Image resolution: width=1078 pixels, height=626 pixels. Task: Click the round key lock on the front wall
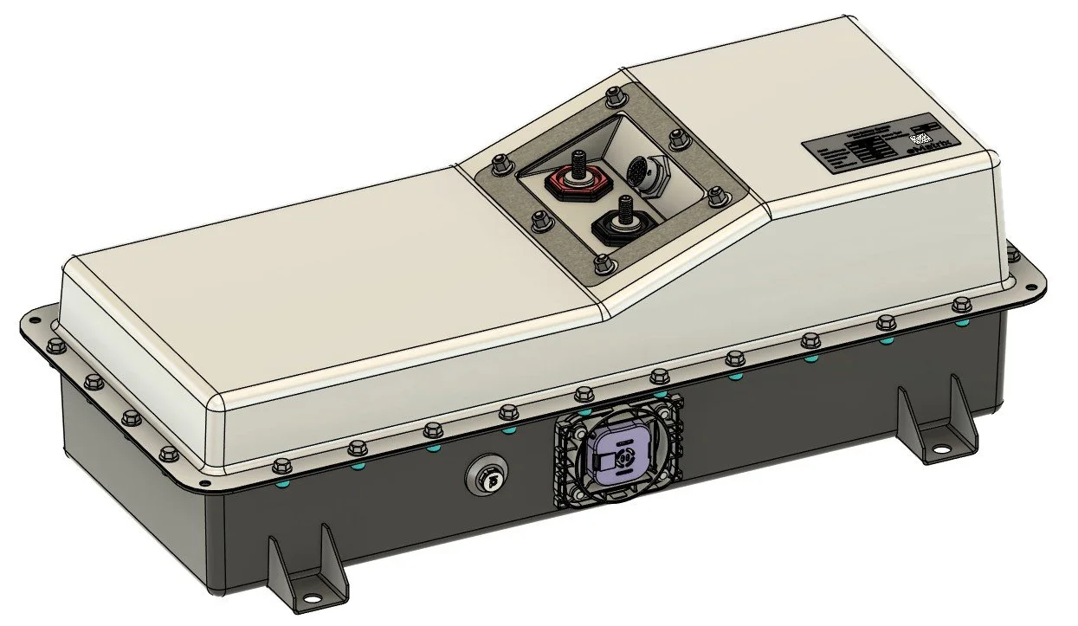point(483,474)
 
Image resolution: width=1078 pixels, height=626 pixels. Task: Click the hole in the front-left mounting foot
point(309,596)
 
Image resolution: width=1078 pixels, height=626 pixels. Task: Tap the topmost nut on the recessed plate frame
point(614,94)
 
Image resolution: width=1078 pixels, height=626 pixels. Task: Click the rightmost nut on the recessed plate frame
point(717,196)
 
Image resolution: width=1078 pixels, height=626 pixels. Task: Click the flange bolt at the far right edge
point(1012,253)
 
